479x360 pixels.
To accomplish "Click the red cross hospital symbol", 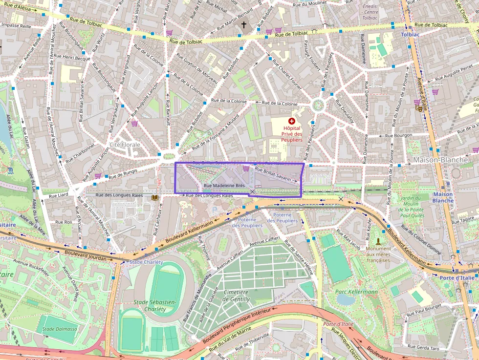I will [x=292, y=121].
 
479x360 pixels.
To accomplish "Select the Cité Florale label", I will [x=125, y=145].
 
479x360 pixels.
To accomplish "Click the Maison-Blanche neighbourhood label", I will [x=440, y=160].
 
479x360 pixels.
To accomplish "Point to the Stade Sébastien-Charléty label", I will [x=154, y=305].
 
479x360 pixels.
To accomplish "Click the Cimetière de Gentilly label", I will [x=236, y=296].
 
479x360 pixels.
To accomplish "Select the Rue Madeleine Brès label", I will [x=224, y=186].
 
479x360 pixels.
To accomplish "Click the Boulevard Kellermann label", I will [x=189, y=231].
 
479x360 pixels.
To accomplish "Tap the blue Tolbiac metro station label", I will [x=410, y=35].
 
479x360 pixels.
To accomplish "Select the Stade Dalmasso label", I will [x=60, y=329].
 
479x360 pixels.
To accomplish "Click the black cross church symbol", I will [x=244, y=25].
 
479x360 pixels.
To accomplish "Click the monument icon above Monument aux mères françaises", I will [x=378, y=241].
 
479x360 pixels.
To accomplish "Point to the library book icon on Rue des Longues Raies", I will [x=155, y=197].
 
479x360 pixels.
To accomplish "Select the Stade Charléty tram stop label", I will [x=146, y=262].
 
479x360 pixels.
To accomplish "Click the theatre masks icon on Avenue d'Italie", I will [x=419, y=108].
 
